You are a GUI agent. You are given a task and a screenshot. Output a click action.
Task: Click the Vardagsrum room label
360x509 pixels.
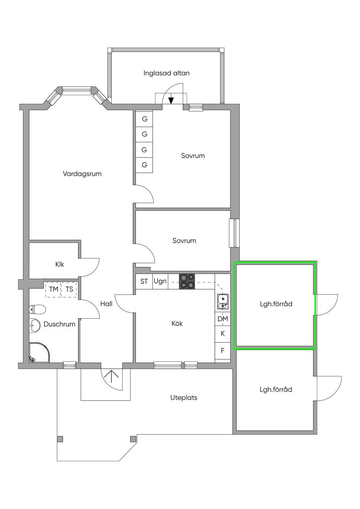point(82,174)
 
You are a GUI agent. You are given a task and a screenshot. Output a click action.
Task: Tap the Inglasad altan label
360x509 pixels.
point(166,73)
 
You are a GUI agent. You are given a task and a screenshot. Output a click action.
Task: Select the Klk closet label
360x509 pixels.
point(59,264)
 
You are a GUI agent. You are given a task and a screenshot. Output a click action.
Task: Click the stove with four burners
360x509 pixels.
point(187,281)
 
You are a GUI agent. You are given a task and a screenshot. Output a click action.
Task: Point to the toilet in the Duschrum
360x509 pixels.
point(38,309)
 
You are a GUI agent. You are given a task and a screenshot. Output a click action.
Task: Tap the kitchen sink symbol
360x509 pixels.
point(223,302)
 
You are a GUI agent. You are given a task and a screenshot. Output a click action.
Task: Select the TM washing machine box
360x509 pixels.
point(53,289)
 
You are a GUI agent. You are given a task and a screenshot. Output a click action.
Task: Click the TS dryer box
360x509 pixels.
point(69,289)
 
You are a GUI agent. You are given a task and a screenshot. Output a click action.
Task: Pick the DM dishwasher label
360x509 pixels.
point(223,319)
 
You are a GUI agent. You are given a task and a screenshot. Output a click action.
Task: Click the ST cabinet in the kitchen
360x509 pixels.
point(144,281)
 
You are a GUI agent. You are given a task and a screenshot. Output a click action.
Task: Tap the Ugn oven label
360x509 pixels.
point(160,281)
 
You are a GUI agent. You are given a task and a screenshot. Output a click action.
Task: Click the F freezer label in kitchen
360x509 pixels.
point(223,350)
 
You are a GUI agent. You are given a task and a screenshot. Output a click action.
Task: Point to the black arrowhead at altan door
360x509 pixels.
point(171,101)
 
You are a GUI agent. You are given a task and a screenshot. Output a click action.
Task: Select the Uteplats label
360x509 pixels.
point(184,398)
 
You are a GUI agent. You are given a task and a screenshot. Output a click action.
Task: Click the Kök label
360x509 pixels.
point(177,323)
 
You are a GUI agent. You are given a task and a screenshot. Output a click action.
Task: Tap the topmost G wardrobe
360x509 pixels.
point(144,119)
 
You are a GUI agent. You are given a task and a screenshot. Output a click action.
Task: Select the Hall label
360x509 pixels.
point(107,304)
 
